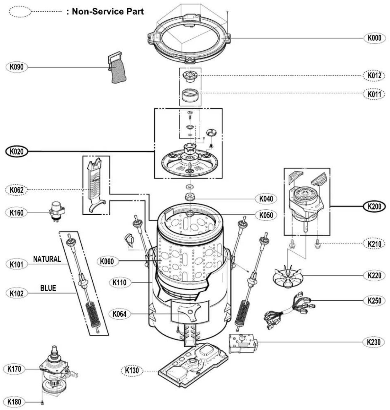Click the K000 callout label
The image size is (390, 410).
(x=374, y=38)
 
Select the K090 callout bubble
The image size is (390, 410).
(x=17, y=67)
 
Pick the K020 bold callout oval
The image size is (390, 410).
(x=17, y=152)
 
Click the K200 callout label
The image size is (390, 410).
(x=374, y=206)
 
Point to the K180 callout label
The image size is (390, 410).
(x=14, y=402)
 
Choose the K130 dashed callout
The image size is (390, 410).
(x=132, y=371)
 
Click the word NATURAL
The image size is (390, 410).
(x=47, y=259)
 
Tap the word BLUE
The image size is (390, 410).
(x=48, y=288)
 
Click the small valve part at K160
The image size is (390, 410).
(x=57, y=211)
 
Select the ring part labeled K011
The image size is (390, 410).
(x=190, y=95)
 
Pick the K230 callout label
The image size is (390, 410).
(x=374, y=342)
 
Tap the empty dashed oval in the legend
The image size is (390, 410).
(x=20, y=12)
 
